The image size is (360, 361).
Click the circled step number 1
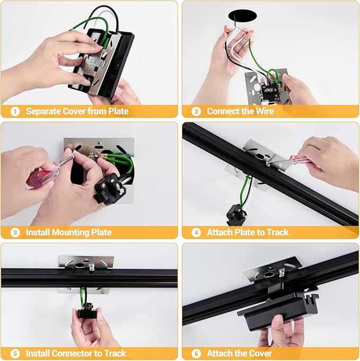pyautogui.click(x=15, y=112)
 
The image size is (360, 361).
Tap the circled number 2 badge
pyautogui.click(x=196, y=112)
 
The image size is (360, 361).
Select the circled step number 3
pyautogui.click(x=15, y=233)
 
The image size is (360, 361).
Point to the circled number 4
pyautogui.click(x=196, y=233)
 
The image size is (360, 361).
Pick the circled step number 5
pyautogui.click(x=15, y=354)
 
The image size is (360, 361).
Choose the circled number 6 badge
pyautogui.click(x=196, y=354)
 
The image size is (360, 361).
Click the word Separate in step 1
pyautogui.click(x=43, y=111)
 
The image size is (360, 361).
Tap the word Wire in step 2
pyautogui.click(x=265, y=111)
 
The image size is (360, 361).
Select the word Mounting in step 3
pyautogui.click(x=71, y=233)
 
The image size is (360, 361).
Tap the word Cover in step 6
pyautogui.click(x=261, y=354)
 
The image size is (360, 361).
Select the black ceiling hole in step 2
pyautogui.click(x=242, y=16)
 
